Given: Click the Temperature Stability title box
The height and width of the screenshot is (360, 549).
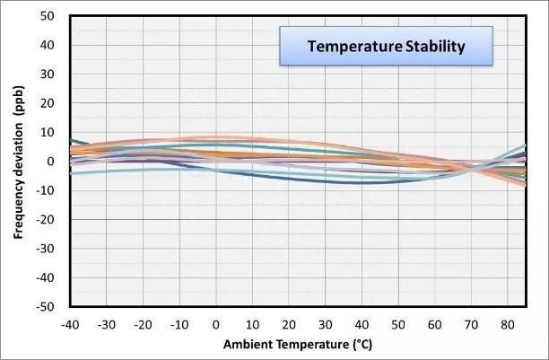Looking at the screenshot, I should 386,47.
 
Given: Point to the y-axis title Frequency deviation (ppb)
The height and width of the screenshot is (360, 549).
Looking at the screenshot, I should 18,162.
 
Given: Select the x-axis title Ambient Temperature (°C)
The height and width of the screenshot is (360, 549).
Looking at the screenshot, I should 292,344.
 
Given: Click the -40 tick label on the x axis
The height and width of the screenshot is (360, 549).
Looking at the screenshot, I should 70,323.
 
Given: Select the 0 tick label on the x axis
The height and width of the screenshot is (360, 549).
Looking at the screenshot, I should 216,323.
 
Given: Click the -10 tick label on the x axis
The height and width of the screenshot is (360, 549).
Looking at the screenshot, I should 179,323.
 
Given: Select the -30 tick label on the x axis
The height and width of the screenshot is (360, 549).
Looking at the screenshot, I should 106,323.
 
